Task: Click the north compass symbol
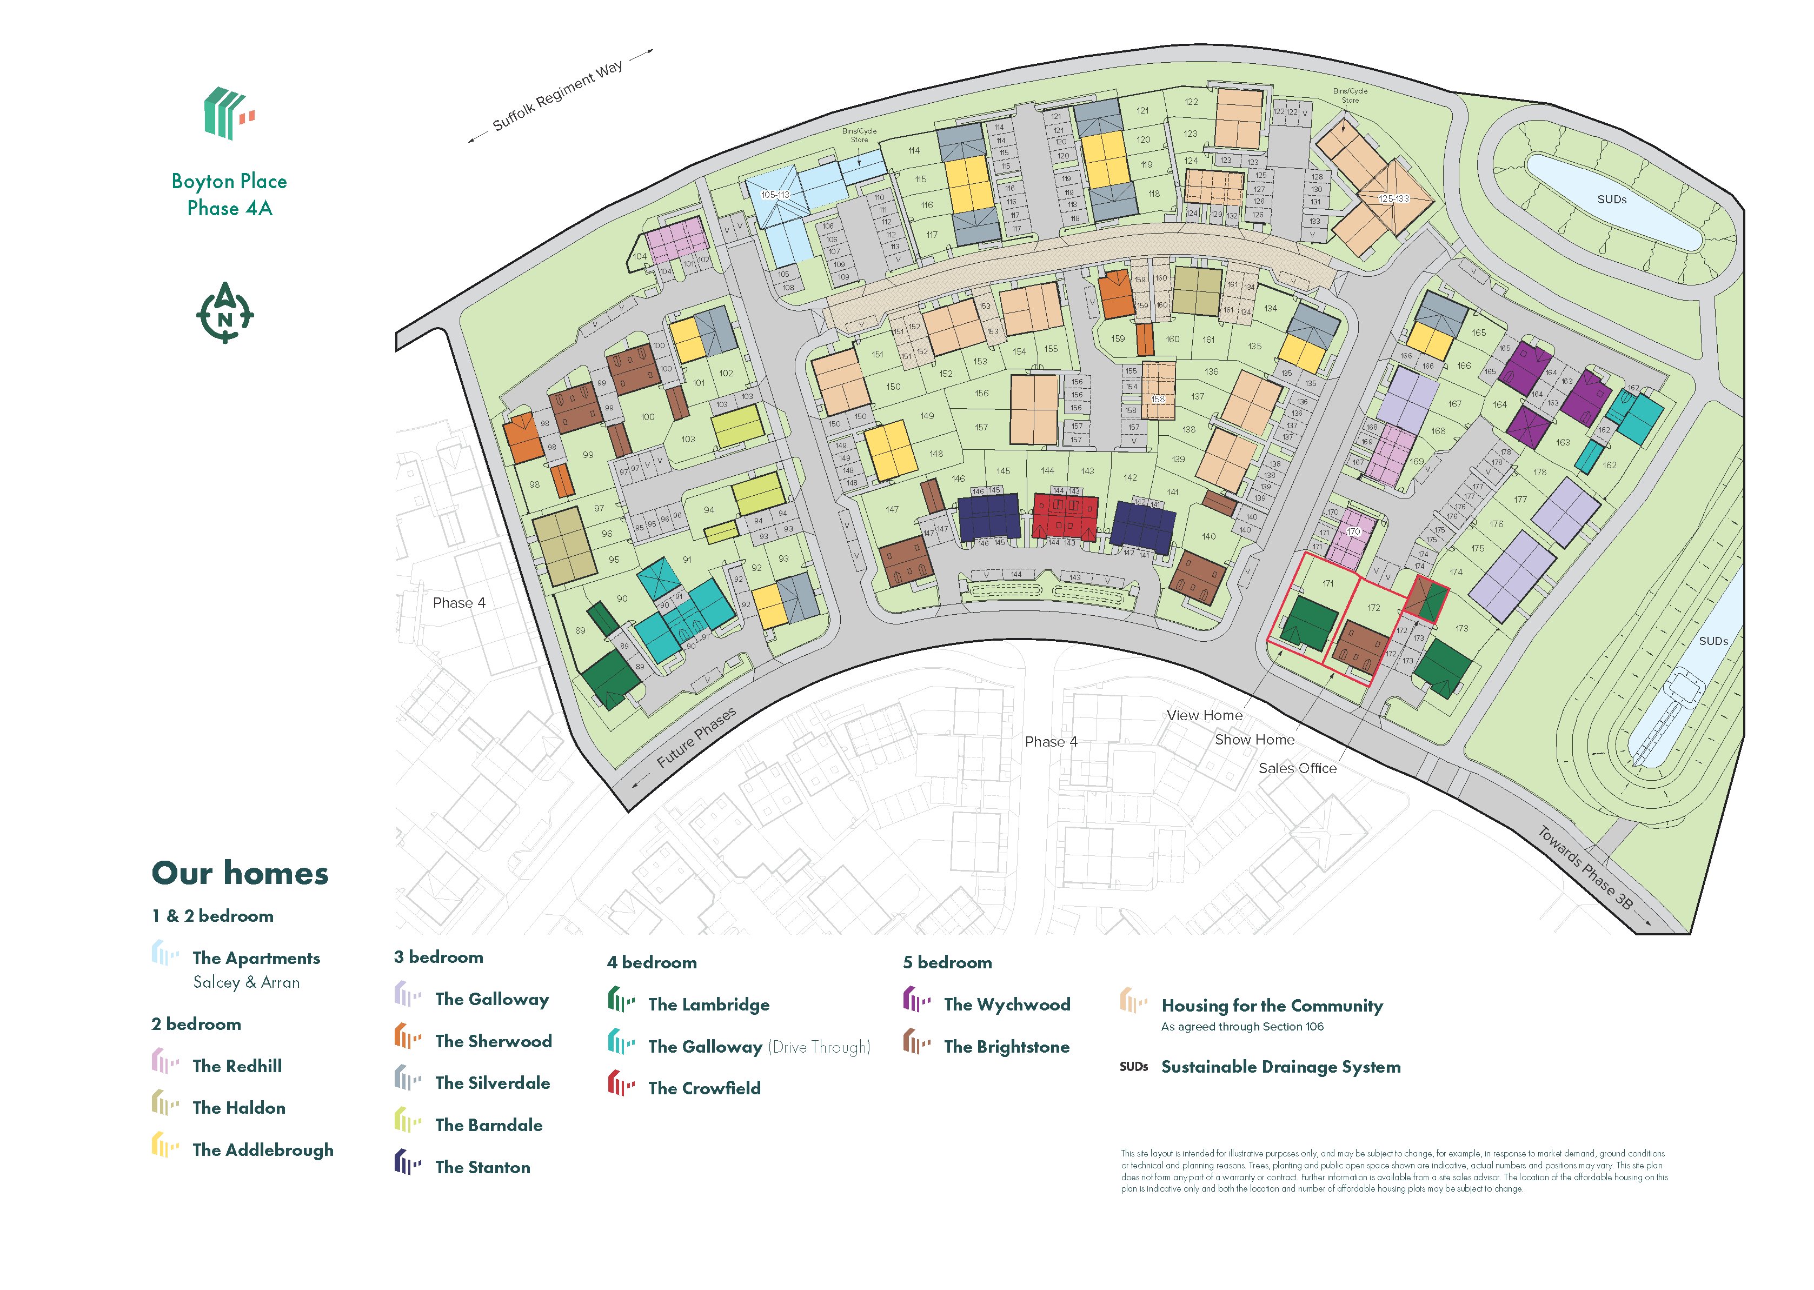[225, 313]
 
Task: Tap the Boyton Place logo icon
[229, 113]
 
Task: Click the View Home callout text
[1204, 715]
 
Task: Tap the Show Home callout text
[1254, 740]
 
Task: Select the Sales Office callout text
[1297, 768]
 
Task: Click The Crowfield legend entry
[703, 1088]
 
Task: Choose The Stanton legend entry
[482, 1167]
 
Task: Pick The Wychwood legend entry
[1006, 1005]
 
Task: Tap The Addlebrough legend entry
[262, 1149]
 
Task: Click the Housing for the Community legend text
[1272, 1006]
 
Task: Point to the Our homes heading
[240, 873]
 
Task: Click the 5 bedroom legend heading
[947, 963]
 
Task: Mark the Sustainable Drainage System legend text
[1280, 1067]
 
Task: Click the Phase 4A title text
[230, 208]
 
